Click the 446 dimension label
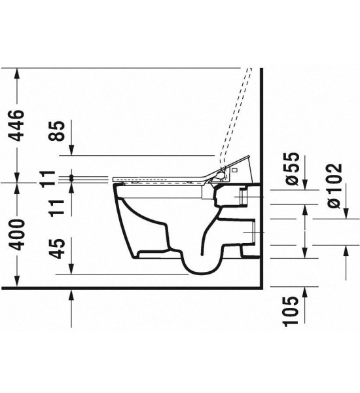click(17, 125)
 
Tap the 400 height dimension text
click(17, 234)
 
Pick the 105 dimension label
click(292, 310)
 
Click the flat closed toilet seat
click(157, 178)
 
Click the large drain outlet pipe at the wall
click(253, 233)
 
